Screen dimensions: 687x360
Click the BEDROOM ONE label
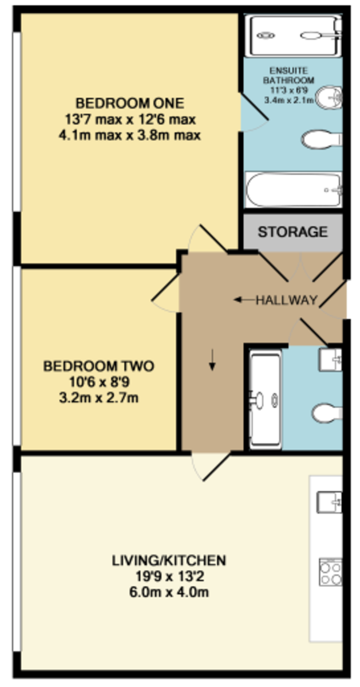point(130,104)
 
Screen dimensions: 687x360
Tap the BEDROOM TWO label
point(99,365)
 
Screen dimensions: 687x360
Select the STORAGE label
point(292,232)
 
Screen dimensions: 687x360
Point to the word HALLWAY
point(286,300)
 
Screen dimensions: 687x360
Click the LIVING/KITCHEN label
point(169,560)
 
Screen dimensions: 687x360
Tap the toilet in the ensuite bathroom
point(321,139)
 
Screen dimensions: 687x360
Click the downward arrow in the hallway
point(212,361)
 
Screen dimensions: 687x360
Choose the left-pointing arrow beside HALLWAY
point(243,299)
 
